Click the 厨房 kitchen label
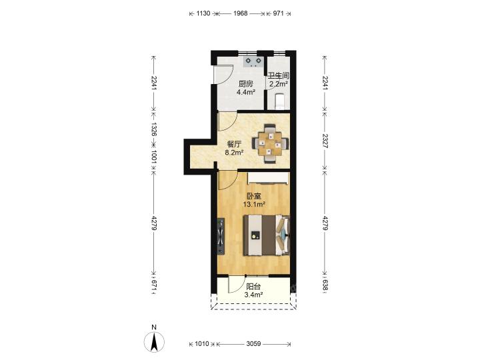point(246,83)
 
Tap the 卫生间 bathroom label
point(279,75)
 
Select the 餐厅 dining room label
point(234,144)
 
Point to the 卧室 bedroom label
point(254,196)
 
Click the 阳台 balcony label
point(254,287)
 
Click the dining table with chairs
point(270,143)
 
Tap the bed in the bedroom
point(266,235)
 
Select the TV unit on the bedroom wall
point(221,236)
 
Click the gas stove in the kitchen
point(254,62)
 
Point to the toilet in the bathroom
point(280,101)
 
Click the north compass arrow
point(154,341)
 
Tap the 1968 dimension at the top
point(240,13)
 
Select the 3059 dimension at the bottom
point(253,344)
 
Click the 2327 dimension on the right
point(325,141)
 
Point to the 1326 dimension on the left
point(154,129)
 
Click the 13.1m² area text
point(254,204)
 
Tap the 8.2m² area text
point(234,153)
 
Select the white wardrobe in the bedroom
point(268,178)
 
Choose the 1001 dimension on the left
point(154,157)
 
